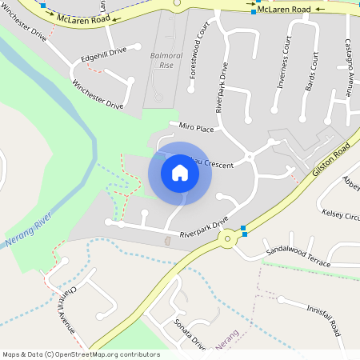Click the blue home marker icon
[x=180, y=174]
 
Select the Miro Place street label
[x=197, y=128]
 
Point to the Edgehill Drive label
[x=104, y=56]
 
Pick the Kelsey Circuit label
[x=341, y=216]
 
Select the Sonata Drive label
[x=190, y=334]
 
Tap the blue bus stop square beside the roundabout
[x=244, y=233]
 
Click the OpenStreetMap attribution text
[x=81, y=354]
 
